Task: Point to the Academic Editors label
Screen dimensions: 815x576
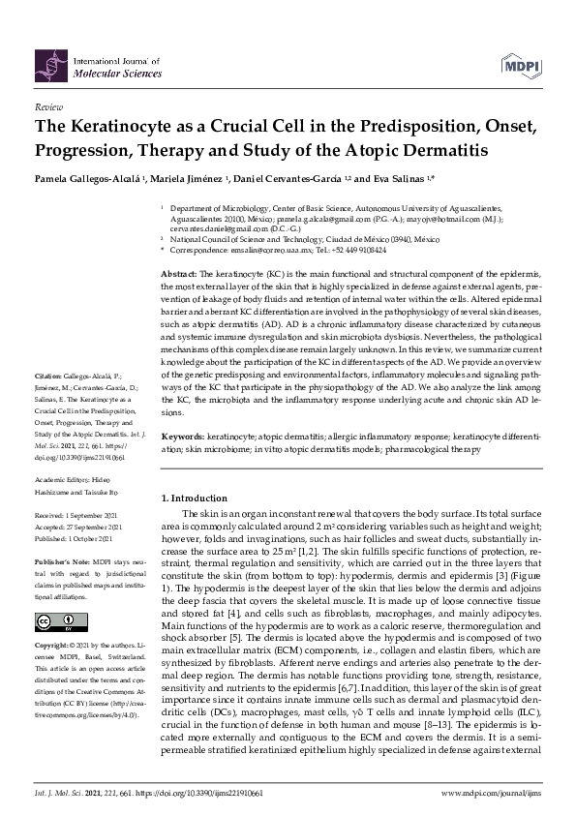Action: click(61, 477)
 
